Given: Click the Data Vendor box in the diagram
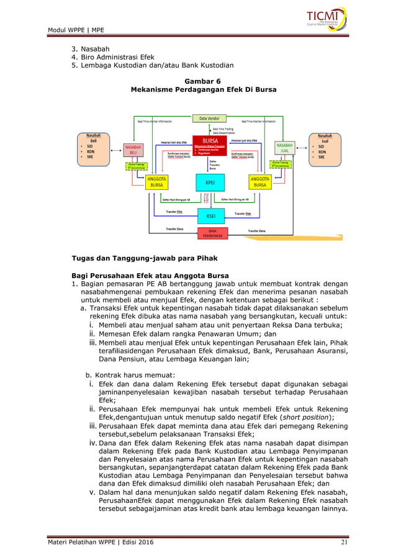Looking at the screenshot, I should (x=209, y=118).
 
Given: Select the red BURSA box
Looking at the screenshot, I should (x=210, y=145).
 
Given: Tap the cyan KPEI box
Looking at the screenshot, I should (x=210, y=182).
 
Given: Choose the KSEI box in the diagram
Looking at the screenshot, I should (x=210, y=216).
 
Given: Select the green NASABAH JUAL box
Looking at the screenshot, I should (x=284, y=149).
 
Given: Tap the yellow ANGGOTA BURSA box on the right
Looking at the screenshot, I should (x=261, y=182).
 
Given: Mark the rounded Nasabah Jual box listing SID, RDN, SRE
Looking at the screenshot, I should (x=325, y=150).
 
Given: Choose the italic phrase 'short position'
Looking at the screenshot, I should (x=302, y=418).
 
